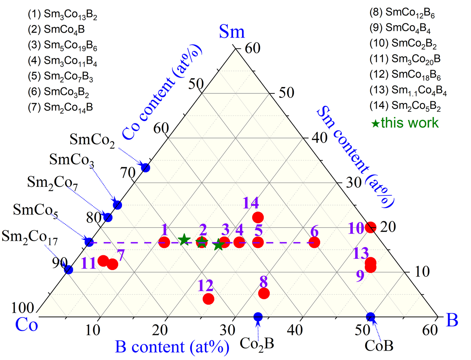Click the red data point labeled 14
[x=258, y=217]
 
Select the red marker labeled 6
[x=314, y=242]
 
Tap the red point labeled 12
[x=208, y=299]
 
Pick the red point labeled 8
[x=264, y=293]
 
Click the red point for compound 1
[x=164, y=242]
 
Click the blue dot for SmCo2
[x=145, y=168]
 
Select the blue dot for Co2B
[x=258, y=316]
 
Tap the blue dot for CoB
[x=370, y=316]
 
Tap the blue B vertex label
[x=452, y=321]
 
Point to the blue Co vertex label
[x=27, y=325]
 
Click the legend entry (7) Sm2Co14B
[x=60, y=107]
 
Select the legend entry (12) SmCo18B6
[x=405, y=75]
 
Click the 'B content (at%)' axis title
[x=172, y=346]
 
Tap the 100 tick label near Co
[x=23, y=308]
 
